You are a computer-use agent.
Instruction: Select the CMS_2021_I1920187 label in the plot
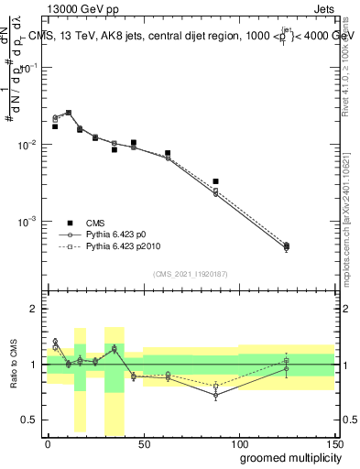(x=190, y=274)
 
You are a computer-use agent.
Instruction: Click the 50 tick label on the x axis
(x=143, y=443)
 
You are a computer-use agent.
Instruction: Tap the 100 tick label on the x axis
(x=238, y=443)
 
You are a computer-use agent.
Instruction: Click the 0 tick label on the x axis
(x=48, y=443)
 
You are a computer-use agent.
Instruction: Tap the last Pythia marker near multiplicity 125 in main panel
(x=287, y=245)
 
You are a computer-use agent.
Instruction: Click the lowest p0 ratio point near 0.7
(x=215, y=396)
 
